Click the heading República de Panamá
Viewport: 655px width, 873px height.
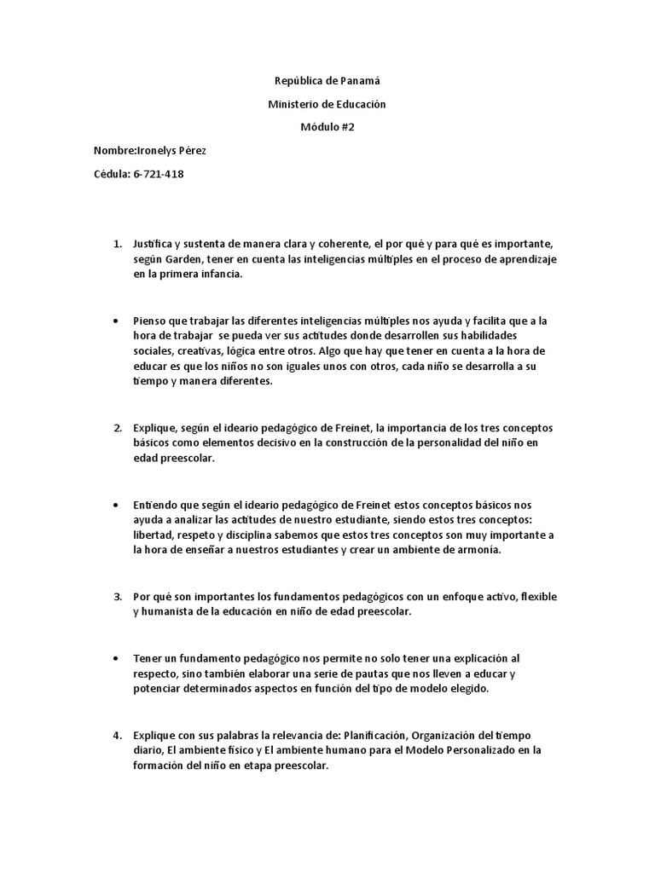coord(327,81)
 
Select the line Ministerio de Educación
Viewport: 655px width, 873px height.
coord(327,104)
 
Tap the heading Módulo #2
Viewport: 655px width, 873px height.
coord(327,127)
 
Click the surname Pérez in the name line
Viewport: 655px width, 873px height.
coord(190,151)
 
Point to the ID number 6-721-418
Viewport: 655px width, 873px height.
coord(159,174)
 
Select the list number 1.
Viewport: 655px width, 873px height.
coord(118,244)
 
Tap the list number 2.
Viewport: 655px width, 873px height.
coord(118,426)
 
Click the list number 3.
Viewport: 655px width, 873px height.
coord(118,595)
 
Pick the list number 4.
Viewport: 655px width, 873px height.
coord(118,734)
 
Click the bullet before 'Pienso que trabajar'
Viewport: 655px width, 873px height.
coord(114,321)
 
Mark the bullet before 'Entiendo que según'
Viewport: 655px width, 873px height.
coord(114,505)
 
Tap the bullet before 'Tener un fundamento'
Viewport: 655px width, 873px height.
coord(114,659)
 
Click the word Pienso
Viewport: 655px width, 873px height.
coord(149,321)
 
